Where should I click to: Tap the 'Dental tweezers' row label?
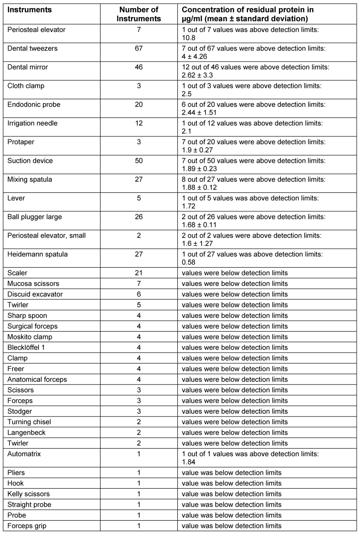[31, 48]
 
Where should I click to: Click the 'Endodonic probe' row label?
[34, 105]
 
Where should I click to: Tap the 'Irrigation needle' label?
[32, 123]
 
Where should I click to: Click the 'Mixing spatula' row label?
[30, 179]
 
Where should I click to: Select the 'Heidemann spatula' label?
[37, 254]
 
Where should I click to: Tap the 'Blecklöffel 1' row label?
[28, 348]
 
